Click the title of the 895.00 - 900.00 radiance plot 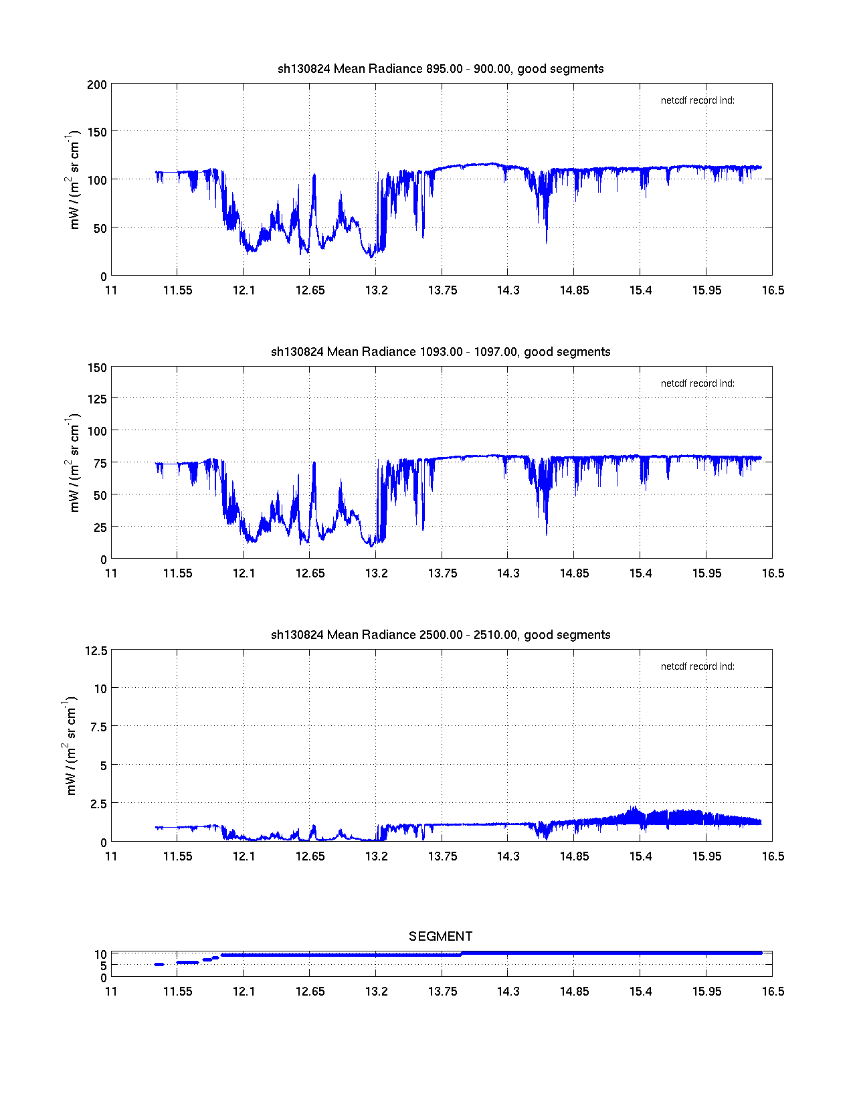[440, 69]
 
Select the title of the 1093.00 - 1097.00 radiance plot [440, 352]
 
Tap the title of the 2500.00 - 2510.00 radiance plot [440, 635]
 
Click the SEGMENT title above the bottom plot [440, 936]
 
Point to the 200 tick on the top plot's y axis [97, 84]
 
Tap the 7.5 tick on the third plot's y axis [99, 727]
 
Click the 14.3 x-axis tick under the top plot [508, 290]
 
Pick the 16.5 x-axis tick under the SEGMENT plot [773, 992]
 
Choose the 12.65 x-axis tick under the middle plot [310, 573]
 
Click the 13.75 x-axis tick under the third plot [442, 856]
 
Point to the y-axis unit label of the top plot [74, 180]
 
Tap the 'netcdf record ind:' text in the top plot [697, 100]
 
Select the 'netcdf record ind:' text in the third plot [697, 666]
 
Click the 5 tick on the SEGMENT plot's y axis [103, 966]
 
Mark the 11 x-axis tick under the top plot [111, 290]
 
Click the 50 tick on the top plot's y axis [100, 229]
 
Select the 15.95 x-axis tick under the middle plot [706, 573]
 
